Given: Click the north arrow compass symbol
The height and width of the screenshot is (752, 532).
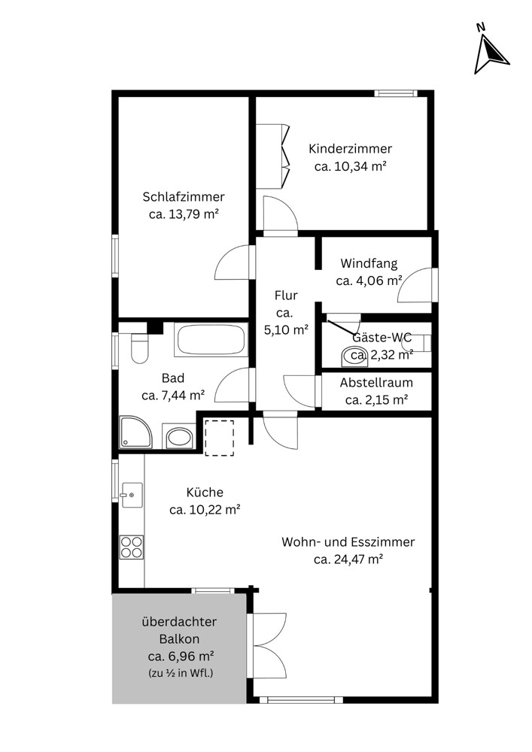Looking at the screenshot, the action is (490, 51).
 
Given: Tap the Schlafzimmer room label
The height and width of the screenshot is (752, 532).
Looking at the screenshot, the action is (184, 196).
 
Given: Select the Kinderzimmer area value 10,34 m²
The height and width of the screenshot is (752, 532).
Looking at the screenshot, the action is (351, 166).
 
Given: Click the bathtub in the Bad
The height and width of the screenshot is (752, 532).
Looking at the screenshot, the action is (211, 340).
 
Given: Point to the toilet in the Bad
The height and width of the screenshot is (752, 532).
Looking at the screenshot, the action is (140, 347).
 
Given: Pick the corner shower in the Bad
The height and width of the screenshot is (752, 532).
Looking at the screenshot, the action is (135, 432).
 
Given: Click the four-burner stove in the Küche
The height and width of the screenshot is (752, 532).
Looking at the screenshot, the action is (132, 547).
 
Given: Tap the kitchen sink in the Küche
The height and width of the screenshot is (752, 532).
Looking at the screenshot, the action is (132, 495).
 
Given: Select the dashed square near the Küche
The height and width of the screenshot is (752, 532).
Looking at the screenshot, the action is (219, 438).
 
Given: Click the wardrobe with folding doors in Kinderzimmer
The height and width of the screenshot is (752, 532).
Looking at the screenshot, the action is (273, 156).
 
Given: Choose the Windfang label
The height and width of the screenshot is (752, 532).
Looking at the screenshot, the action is (369, 263).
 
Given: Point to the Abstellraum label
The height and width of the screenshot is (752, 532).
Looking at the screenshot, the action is (376, 383).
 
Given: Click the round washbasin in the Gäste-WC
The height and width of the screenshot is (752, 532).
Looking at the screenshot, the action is (354, 356).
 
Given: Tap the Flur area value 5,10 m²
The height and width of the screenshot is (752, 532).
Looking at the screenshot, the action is (286, 330).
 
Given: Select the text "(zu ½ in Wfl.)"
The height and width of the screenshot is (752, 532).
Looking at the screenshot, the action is (181, 673).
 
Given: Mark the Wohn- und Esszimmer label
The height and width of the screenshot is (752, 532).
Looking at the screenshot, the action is (348, 542).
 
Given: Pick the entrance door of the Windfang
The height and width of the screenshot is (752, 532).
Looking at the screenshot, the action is (416, 285).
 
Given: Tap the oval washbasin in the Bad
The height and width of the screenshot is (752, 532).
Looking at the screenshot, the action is (179, 438).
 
